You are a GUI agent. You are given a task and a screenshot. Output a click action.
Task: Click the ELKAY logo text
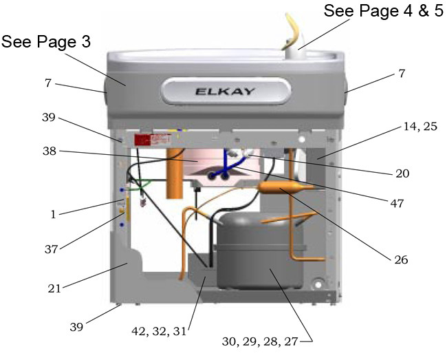(225, 92)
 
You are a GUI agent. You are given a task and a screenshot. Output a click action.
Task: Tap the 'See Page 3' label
(46, 42)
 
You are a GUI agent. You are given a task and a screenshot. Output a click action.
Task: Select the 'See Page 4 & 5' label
(384, 11)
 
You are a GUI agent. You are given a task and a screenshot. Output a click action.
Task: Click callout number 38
(50, 151)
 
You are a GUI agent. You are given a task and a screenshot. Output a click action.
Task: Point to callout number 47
(397, 203)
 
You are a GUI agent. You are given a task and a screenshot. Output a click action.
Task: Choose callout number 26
(401, 260)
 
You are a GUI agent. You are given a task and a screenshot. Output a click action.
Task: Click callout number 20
(402, 173)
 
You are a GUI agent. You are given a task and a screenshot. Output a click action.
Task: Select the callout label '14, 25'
(420, 126)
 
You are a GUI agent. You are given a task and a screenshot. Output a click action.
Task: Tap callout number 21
(54, 288)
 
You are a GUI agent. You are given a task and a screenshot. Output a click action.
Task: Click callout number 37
(52, 249)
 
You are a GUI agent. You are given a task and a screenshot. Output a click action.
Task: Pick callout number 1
(54, 215)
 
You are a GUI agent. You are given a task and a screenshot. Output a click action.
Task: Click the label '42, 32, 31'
(159, 331)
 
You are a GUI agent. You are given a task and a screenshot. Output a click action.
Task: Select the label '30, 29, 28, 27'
(260, 341)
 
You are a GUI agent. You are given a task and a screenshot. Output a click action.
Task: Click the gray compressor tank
(259, 251)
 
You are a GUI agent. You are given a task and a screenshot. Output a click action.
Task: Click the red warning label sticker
(152, 140)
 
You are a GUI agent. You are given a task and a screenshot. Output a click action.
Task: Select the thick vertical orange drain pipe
(174, 174)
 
